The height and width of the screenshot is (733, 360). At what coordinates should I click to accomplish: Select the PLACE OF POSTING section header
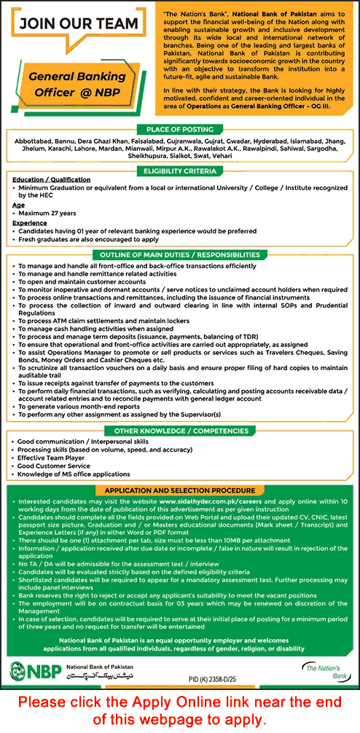click(180, 128)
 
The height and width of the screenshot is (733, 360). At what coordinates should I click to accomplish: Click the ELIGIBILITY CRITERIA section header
click(180, 170)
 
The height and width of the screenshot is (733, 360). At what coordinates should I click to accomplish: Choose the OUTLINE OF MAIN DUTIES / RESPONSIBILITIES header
click(180, 255)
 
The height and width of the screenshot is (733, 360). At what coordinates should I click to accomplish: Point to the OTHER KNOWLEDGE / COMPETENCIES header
click(180, 431)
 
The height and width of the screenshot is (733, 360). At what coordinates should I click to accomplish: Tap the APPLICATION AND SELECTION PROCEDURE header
click(180, 490)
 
